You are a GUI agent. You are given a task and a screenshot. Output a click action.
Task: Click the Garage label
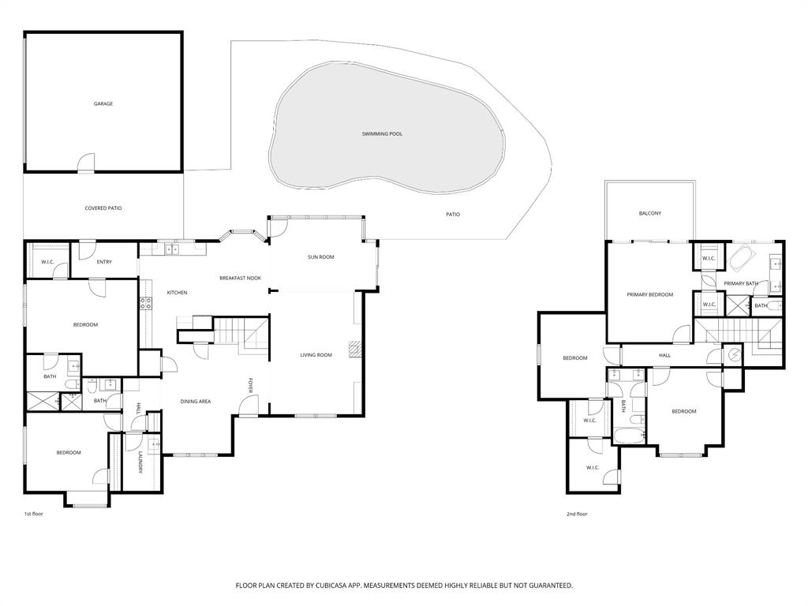tap(103, 103)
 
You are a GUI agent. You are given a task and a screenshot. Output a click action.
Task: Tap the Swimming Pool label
tap(382, 134)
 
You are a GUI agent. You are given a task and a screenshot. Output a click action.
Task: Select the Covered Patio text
tap(103, 208)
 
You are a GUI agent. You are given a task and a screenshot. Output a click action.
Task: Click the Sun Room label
tap(321, 257)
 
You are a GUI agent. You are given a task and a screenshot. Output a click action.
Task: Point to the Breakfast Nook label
tap(240, 278)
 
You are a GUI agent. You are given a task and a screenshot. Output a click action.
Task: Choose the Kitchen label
tap(177, 293)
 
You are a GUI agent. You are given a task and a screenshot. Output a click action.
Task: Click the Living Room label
tap(316, 355)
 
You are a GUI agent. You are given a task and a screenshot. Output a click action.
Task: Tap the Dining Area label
tap(195, 402)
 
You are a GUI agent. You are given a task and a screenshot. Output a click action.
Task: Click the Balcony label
tap(650, 214)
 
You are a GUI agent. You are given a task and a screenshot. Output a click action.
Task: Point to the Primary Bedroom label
tap(649, 294)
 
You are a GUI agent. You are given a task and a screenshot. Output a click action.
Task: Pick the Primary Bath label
tap(741, 283)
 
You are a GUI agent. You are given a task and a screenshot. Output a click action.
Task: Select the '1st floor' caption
tap(33, 514)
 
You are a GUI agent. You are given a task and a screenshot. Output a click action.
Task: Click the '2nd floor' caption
tap(577, 514)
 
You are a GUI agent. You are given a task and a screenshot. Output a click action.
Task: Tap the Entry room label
tap(104, 262)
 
